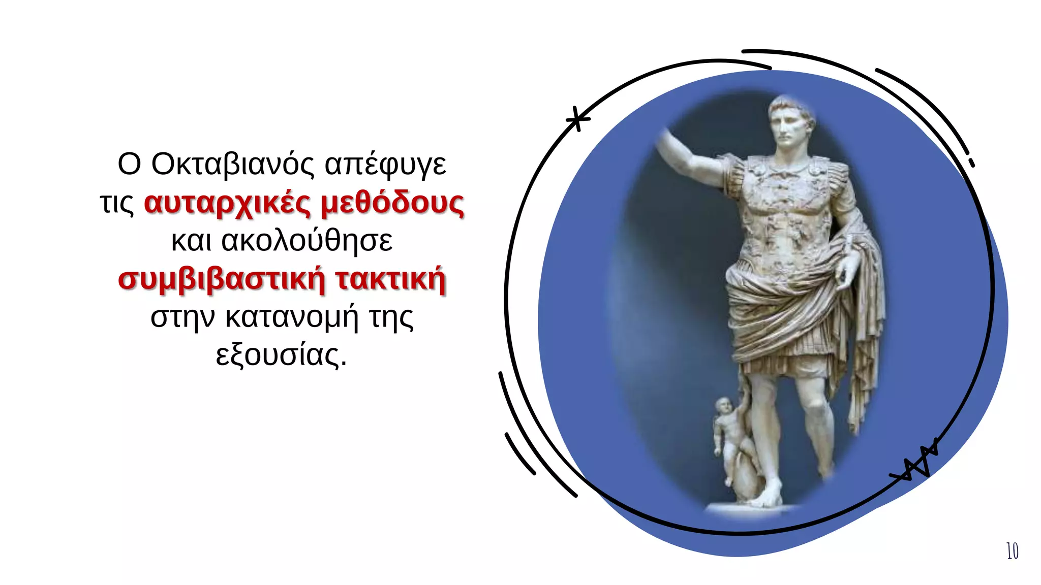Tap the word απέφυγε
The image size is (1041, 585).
[x=385, y=165]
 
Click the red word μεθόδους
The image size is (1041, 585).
[x=392, y=203]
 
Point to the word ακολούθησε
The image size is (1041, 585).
[x=307, y=240]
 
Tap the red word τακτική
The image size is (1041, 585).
[x=390, y=279]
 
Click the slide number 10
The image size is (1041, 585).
[x=1012, y=551]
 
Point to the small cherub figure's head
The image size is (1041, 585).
[x=723, y=406]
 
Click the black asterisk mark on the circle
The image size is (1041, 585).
[x=578, y=119]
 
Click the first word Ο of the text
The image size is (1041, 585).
[x=129, y=164]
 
